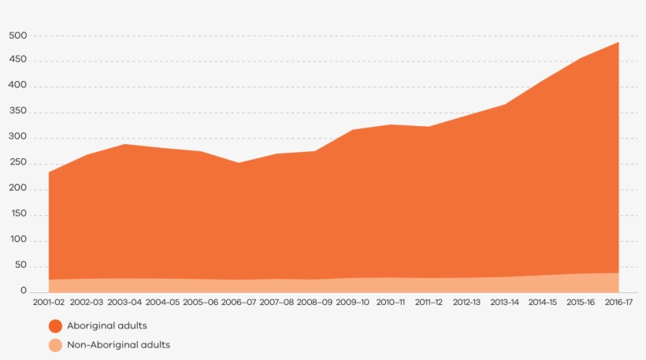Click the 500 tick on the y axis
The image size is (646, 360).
coord(18,35)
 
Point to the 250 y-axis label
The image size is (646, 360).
coord(18,163)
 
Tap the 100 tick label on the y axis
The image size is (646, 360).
coord(18,240)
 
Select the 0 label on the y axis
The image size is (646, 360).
coord(24,291)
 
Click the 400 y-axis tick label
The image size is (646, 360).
coord(18,86)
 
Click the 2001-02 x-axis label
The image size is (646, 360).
coord(49,302)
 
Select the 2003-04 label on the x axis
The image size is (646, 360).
coord(124,302)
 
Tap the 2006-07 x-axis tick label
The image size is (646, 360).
coord(239,302)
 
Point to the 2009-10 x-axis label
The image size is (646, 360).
coord(353,302)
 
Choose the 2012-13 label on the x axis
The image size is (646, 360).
coord(466,302)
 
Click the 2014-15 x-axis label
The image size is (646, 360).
coord(543,302)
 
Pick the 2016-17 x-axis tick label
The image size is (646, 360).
coord(618,302)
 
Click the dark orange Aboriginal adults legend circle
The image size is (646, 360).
coord(55,325)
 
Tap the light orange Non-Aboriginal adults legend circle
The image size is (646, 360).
coord(55,345)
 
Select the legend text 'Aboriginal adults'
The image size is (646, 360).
coord(107,325)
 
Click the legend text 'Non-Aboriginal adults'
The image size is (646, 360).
coord(118,345)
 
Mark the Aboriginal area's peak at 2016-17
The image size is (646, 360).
coord(618,42)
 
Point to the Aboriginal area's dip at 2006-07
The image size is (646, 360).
coord(239,163)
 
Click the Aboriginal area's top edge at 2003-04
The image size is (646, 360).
coord(124,144)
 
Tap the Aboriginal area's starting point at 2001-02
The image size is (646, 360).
coord(49,173)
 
